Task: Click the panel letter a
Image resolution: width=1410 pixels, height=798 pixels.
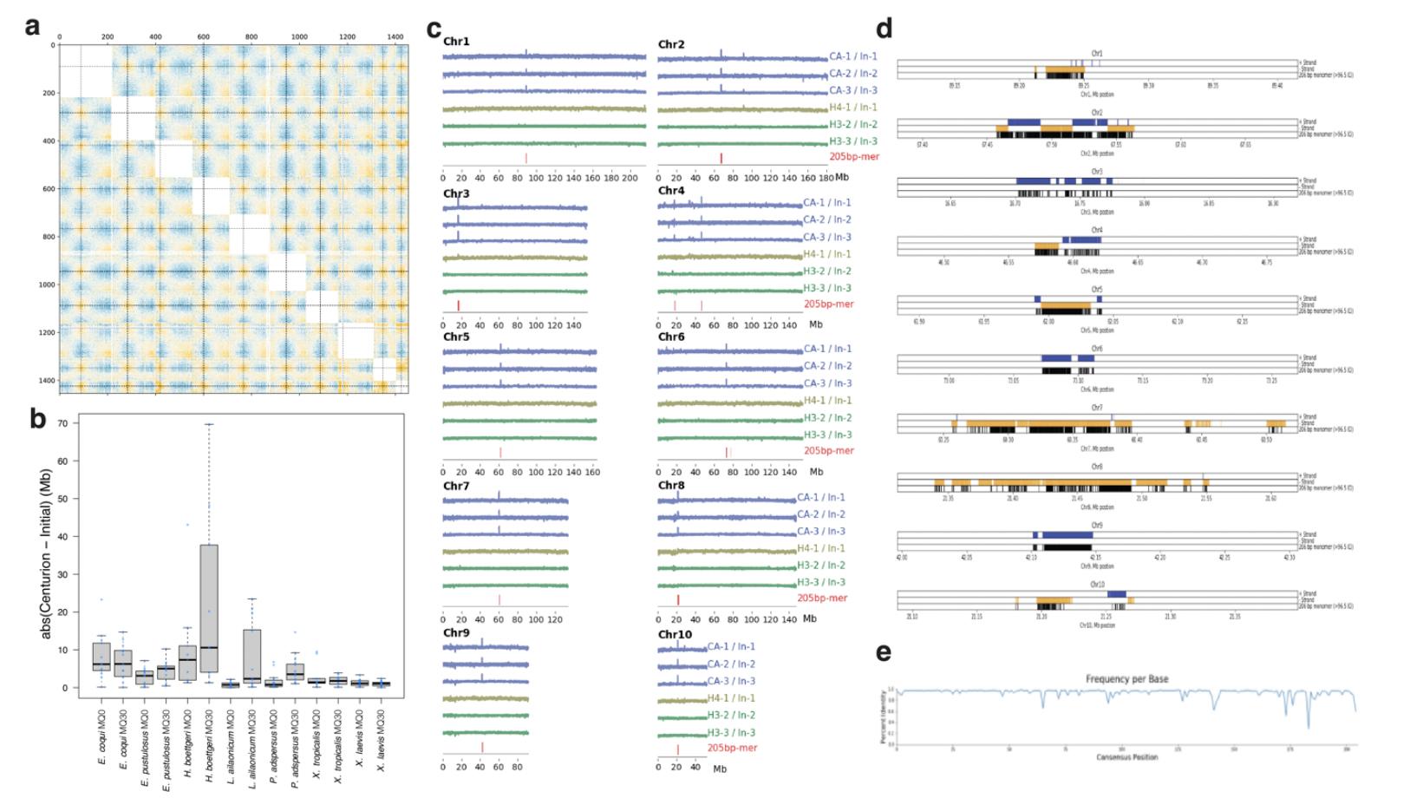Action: click(x=33, y=27)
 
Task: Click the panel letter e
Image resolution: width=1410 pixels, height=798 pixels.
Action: click(x=884, y=652)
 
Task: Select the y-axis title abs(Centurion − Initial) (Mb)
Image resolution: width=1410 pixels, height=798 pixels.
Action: click(x=46, y=556)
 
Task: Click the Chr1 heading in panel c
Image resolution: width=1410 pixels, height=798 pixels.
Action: click(x=456, y=42)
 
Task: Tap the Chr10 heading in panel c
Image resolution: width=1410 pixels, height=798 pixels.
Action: click(x=676, y=635)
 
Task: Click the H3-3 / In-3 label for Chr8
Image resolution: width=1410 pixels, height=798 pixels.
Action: click(x=820, y=582)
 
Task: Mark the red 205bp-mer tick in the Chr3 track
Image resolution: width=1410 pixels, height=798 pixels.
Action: click(x=459, y=304)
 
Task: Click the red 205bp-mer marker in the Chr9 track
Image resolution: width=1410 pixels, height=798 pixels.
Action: click(x=482, y=747)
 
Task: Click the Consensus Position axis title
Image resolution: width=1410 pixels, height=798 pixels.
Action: click(x=1126, y=757)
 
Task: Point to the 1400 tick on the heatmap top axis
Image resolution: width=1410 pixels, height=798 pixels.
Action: click(x=395, y=37)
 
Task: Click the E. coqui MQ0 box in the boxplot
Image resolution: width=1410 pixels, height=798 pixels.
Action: click(x=101, y=657)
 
